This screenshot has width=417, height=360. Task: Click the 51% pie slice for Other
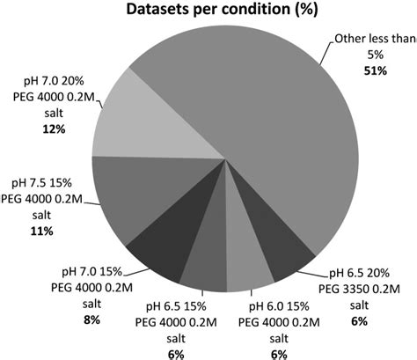click(x=264, y=132)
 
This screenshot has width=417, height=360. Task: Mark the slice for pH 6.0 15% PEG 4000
click(x=240, y=269)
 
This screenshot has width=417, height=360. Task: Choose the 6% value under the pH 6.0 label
click(x=253, y=352)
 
